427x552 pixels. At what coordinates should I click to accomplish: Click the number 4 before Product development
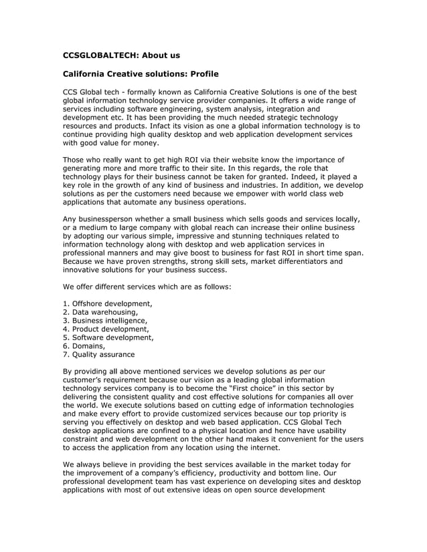point(65,329)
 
